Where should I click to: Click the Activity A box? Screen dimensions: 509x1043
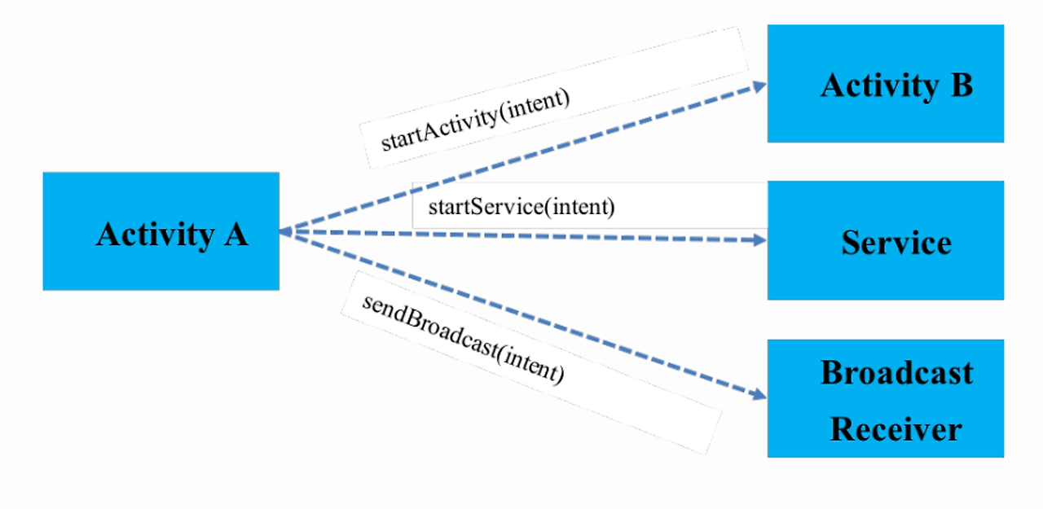tap(161, 231)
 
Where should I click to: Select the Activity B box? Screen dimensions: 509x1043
tap(885, 84)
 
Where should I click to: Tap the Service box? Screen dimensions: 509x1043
tap(885, 240)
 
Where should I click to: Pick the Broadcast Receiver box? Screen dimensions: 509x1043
tap(885, 398)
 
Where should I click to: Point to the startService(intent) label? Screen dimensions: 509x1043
tap(521, 206)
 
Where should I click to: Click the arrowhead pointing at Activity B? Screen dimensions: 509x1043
tap(759, 85)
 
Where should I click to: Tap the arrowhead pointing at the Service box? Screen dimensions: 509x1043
tap(759, 240)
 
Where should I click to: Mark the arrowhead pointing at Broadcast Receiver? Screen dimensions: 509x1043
tap(759, 395)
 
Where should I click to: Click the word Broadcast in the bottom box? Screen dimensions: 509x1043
tap(896, 373)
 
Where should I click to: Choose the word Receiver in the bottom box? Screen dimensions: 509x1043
tap(896, 428)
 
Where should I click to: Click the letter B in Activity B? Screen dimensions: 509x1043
tap(960, 85)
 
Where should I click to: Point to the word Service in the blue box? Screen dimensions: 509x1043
tap(896, 243)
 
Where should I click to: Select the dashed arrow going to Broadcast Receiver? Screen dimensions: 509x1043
tap(521, 314)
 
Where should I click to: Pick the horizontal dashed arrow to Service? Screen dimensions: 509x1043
tap(521, 236)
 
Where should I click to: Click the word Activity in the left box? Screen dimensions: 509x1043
tap(153, 235)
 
